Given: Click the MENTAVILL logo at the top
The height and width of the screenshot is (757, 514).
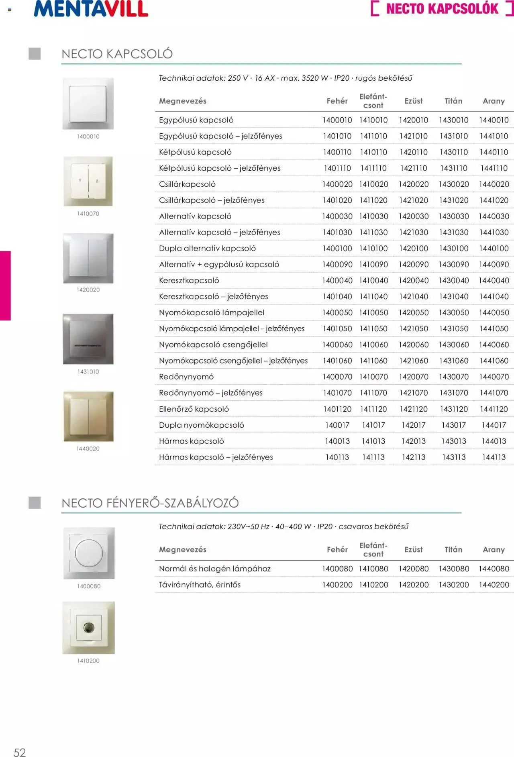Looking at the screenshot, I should point(91,9).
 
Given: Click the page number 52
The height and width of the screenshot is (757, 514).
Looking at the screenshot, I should point(20,752).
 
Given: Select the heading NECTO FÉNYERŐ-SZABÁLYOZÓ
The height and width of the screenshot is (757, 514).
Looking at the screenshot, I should point(150,503).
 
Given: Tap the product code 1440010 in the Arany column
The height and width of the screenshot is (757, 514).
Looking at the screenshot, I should point(494,120).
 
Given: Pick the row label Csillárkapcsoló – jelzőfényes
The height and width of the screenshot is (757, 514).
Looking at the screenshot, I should point(212,200).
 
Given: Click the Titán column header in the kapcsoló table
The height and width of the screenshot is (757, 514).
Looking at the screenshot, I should point(453,101).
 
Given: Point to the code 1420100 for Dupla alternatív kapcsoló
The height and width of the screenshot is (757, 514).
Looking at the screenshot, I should point(413,249).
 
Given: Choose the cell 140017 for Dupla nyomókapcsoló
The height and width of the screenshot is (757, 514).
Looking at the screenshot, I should point(337,425).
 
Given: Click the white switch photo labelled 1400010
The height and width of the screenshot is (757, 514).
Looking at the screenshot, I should point(88,104).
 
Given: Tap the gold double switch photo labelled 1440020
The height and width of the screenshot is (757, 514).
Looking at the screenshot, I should point(88,416).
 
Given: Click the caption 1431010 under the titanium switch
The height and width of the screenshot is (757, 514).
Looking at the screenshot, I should point(88,372).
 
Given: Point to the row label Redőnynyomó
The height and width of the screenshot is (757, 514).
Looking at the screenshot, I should point(186,377).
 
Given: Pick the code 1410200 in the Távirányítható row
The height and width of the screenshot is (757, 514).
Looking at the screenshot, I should point(373,585).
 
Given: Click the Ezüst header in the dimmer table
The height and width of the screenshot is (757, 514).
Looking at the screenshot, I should point(413,550).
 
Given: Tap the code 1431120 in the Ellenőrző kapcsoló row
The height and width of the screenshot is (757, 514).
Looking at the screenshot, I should point(454,409).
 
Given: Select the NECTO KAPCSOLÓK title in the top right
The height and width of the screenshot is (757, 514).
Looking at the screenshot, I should point(442,9).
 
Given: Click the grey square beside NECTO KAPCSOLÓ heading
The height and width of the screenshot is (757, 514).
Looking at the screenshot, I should point(35,54).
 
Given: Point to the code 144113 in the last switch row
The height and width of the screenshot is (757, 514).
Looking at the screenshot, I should point(494,457).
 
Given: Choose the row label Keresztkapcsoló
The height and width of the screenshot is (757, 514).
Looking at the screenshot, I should point(189,281).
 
